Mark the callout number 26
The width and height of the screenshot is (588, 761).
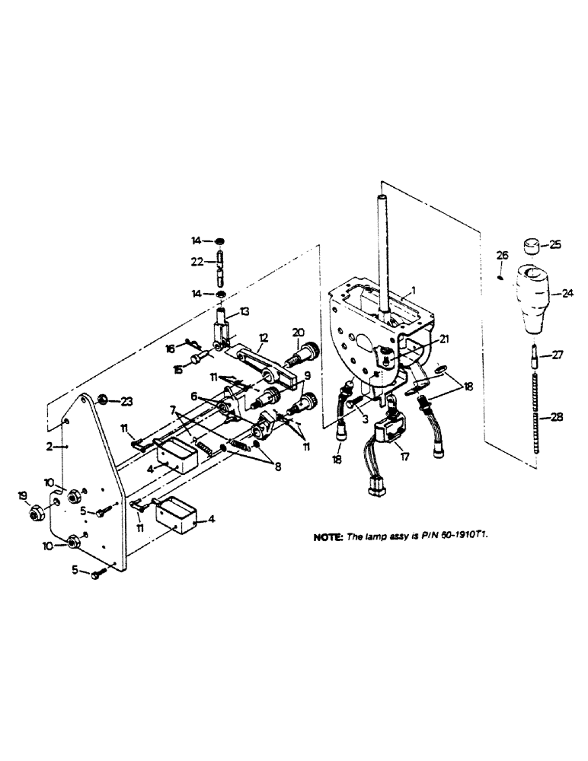(x=501, y=255)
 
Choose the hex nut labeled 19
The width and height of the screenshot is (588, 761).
(x=35, y=516)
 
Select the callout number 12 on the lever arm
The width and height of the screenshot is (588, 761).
(x=263, y=337)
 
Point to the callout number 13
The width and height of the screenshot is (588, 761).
(x=244, y=311)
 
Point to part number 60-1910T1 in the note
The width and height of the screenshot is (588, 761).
(x=460, y=536)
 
